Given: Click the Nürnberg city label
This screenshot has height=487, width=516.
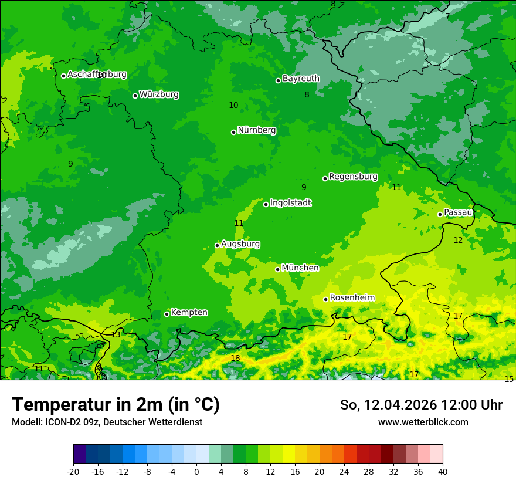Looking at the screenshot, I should (256, 130).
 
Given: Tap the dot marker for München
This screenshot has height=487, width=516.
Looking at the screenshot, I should (278, 269).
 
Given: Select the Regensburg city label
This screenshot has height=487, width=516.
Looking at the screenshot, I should (353, 177).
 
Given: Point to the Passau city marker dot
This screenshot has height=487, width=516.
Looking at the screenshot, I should (440, 214).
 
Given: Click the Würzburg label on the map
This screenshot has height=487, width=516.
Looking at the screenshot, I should (159, 94).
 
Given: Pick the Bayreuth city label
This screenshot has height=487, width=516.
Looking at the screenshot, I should (301, 79).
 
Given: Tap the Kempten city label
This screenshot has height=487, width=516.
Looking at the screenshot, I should (189, 313).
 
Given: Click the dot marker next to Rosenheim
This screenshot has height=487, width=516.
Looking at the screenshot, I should (326, 299).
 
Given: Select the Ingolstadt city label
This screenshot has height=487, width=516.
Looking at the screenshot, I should (290, 203).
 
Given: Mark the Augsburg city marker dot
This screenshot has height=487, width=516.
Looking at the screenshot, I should (217, 245).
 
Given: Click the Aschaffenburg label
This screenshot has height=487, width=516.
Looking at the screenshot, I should (97, 75).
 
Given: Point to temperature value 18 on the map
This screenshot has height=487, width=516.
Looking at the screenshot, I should (235, 359).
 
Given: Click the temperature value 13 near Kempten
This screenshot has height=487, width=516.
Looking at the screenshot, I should (116, 334).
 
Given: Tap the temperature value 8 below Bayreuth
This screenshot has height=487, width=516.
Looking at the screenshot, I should (307, 94).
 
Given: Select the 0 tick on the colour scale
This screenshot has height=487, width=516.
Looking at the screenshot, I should (196, 471).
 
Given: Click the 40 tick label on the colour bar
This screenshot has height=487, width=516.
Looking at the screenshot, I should (442, 471).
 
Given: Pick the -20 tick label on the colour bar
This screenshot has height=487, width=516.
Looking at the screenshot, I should (73, 471).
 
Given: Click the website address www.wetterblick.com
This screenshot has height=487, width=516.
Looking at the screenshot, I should (423, 422).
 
